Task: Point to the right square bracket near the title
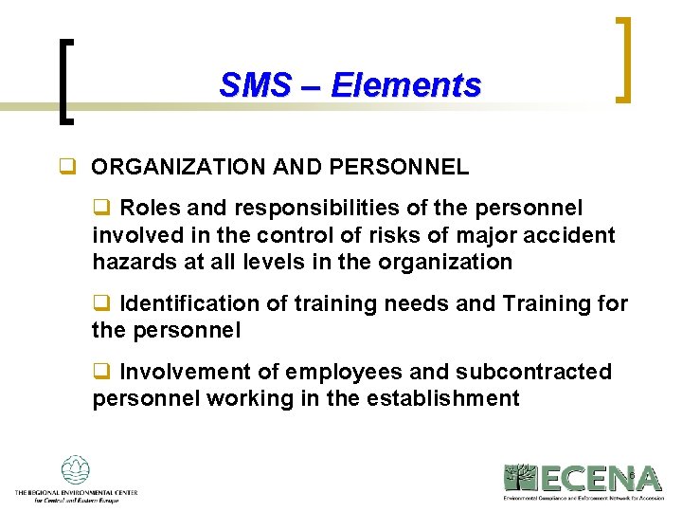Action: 624,59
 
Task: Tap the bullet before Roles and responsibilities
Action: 100,208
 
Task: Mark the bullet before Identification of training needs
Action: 100,303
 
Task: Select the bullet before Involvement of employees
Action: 100,372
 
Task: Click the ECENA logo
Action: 582,481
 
